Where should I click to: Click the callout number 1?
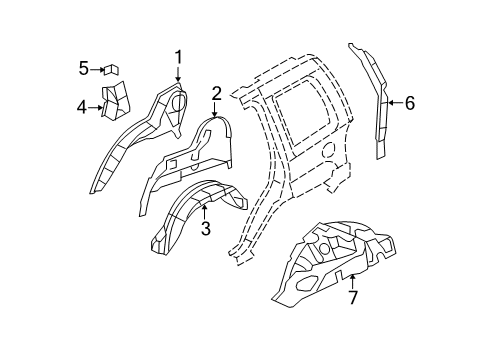tap(178, 57)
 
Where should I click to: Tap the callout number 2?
tap(216, 93)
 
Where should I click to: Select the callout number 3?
tap(205, 230)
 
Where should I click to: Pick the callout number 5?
tap(85, 68)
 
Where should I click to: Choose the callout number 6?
tap(408, 101)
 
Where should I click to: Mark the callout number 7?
tap(352, 298)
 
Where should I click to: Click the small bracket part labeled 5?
tap(112, 68)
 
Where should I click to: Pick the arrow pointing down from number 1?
tap(178, 75)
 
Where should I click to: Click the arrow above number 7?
tap(352, 280)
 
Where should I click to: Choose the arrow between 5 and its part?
tap(98, 68)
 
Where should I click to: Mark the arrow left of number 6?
tap(393, 101)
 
